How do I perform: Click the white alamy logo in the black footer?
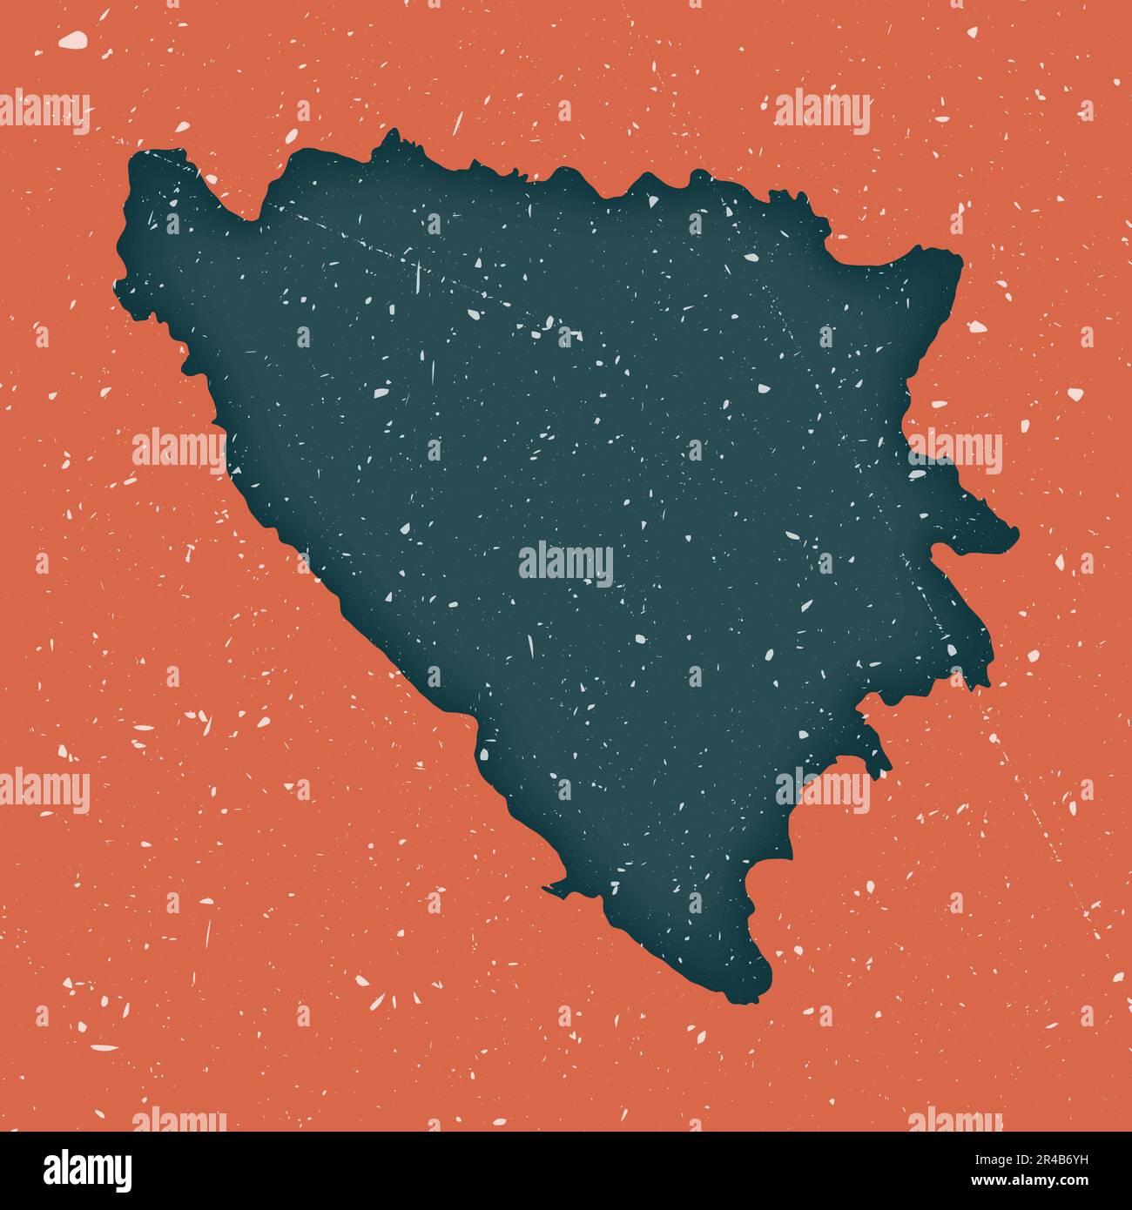coord(87,1170)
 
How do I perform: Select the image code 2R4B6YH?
coord(1063,1159)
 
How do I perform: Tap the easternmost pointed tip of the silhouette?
coord(1015,530)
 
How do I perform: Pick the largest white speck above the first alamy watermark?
coord(73,39)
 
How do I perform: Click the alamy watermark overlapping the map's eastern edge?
coord(954,451)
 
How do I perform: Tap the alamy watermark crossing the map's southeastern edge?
coord(823,789)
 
